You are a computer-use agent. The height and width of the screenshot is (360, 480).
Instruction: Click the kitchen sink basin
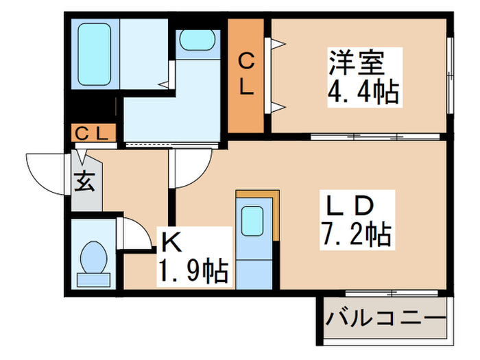tap(253, 221)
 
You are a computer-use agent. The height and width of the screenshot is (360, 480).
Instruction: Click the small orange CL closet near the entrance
tap(93, 133)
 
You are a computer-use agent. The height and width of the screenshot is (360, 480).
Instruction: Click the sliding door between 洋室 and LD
tap(357, 136)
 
